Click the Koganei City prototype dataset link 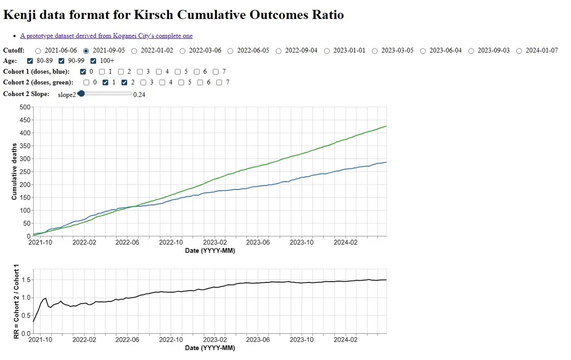tap(106, 36)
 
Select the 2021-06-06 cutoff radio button tap(38, 51)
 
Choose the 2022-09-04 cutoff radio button tap(279, 51)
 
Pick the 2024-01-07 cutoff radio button tap(519, 51)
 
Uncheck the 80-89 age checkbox tap(30, 61)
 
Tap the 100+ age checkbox tap(93, 61)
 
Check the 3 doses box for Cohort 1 tap(140, 72)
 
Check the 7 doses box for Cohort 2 tap(219, 83)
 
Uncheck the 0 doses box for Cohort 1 tap(83, 72)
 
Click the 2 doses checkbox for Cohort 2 tap(124, 83)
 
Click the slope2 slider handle tap(81, 94)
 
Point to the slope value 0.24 tap(139, 95)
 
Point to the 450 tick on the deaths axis tap(25, 120)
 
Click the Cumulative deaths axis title tap(14, 172)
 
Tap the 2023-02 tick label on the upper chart tap(215, 242)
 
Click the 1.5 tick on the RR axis tap(26, 280)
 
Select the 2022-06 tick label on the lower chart tap(127, 340)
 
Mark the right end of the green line tap(386, 126)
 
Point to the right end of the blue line tap(386, 162)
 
